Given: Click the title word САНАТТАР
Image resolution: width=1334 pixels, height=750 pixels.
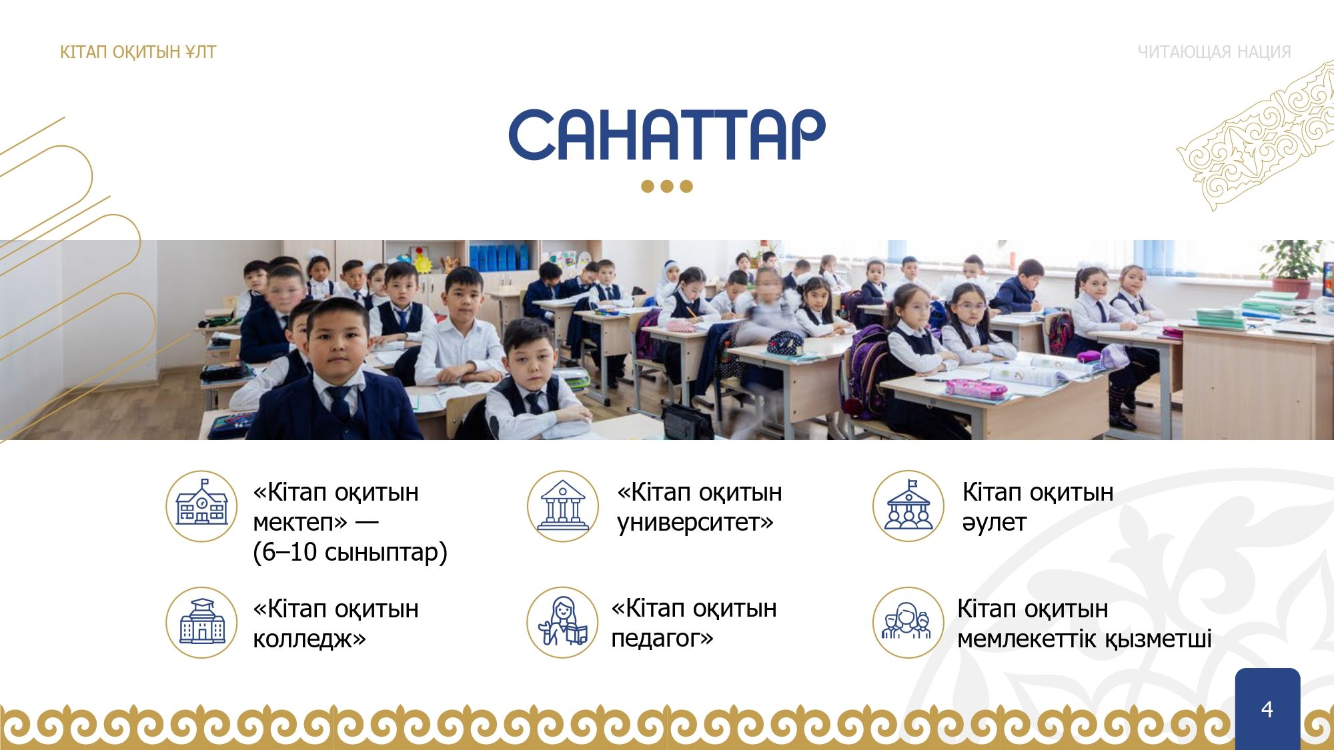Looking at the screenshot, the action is (667, 135).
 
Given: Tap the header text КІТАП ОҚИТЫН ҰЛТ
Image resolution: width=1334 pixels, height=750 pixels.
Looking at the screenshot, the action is (138, 52).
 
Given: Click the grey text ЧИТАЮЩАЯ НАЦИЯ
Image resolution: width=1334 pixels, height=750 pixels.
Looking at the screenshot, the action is (1214, 52).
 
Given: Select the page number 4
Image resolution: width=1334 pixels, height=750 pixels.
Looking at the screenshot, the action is (1267, 709).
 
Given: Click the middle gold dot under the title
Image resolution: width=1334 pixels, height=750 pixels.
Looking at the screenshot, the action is (667, 186).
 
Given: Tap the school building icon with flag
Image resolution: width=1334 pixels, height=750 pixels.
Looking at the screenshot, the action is (201, 506).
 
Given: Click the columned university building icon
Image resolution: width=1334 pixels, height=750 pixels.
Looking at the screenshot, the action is (562, 506).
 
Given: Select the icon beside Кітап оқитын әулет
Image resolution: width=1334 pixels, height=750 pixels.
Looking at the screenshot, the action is (908, 506).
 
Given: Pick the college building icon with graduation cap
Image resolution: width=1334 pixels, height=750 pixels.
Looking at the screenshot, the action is (201, 623).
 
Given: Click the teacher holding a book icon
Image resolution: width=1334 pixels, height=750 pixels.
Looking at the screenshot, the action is (562, 623).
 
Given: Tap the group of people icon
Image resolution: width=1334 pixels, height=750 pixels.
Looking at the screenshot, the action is (908, 623).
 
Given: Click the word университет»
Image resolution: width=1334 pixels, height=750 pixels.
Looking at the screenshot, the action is (695, 523).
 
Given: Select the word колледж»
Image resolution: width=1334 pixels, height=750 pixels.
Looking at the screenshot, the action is (309, 639).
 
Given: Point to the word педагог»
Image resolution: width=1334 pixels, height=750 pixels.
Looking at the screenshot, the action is (662, 639).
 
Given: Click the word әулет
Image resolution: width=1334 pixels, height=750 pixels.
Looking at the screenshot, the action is (994, 523).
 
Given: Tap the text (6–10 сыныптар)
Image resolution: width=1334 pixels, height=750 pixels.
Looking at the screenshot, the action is (350, 553).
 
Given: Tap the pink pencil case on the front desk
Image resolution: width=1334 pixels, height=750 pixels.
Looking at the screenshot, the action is (976, 389).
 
